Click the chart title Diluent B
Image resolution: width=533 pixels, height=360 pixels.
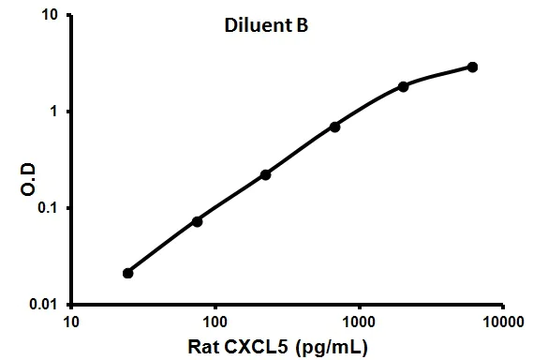pos(259,28)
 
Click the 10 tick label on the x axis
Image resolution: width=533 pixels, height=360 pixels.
pos(71,321)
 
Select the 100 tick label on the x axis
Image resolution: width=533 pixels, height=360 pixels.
pos(215,321)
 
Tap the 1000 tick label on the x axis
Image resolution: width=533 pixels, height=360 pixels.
pos(359,321)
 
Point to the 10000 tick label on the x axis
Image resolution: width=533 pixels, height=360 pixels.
pos(502,321)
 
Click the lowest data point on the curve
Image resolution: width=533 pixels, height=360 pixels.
pos(128,273)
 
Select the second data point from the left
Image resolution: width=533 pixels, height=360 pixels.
pos(197,221)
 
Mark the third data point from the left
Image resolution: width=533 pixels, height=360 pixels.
pos(266,174)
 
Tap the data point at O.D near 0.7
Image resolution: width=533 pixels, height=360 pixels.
pos(334,127)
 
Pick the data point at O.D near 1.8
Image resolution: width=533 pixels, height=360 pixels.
pos(403,86)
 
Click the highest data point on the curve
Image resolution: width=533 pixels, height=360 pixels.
pos(472,67)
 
